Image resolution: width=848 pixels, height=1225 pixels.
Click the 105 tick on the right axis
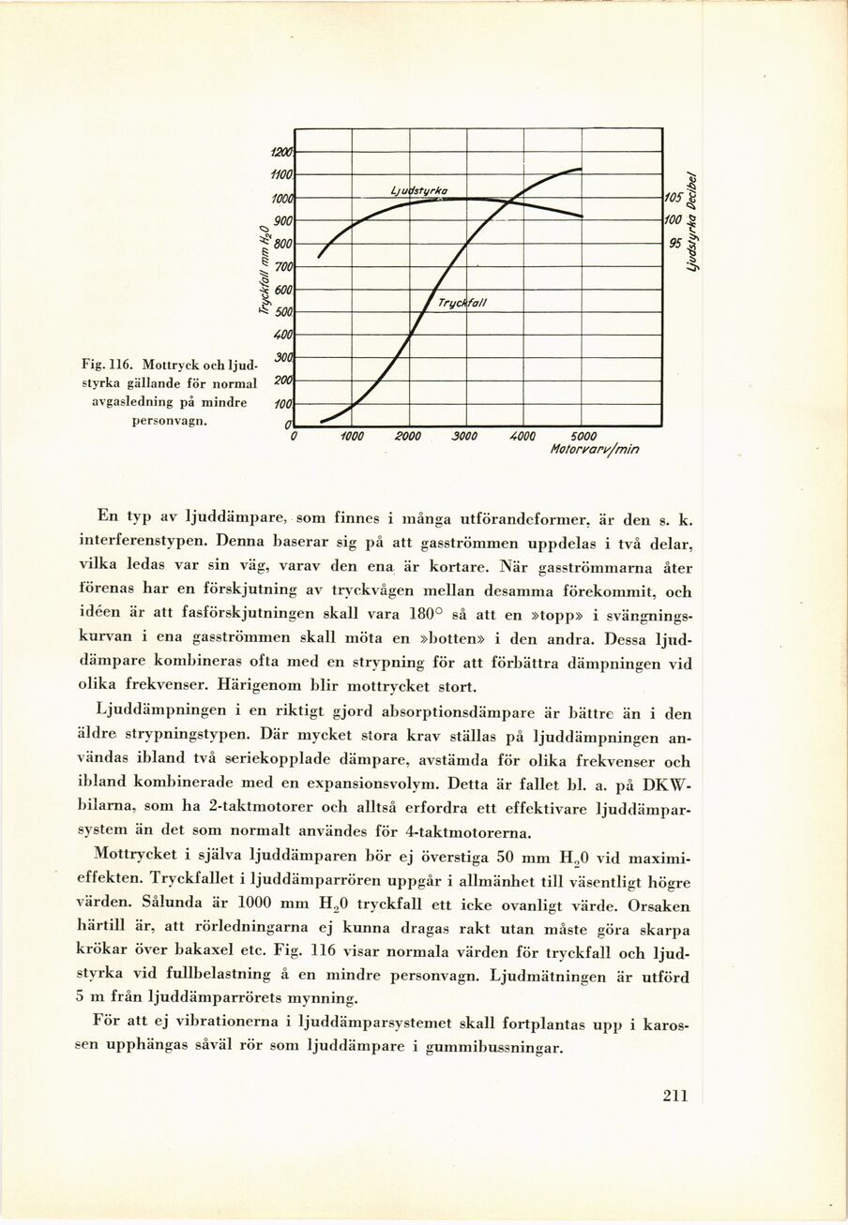pyautogui.click(x=673, y=198)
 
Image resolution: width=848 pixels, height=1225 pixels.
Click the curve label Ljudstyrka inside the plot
pyautogui.click(x=418, y=191)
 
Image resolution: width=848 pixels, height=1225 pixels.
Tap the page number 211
pyautogui.click(x=675, y=1096)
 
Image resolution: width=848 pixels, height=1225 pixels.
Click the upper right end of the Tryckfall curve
pyautogui.click(x=582, y=169)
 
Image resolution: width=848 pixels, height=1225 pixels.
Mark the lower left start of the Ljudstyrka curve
pyautogui.click(x=320, y=257)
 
